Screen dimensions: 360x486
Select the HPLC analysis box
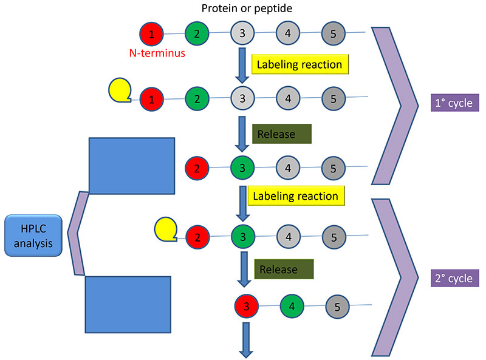pyautogui.click(x=33, y=236)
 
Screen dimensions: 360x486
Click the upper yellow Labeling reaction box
pyautogui.click(x=298, y=64)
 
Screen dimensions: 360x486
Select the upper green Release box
pyautogui.click(x=281, y=134)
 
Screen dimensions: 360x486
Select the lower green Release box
pyautogui.click(x=284, y=269)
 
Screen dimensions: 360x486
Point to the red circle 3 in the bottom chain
pyautogui.click(x=247, y=305)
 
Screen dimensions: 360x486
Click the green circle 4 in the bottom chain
pyautogui.click(x=292, y=307)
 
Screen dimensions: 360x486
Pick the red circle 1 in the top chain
pyautogui.click(x=151, y=33)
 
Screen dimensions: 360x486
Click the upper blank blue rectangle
pyautogui.click(x=132, y=166)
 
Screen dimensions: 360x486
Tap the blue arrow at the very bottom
pyautogui.click(x=247, y=341)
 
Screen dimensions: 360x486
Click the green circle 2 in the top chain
pyautogui.click(x=197, y=33)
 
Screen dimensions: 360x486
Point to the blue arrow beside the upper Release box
pyautogui.click(x=242, y=134)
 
